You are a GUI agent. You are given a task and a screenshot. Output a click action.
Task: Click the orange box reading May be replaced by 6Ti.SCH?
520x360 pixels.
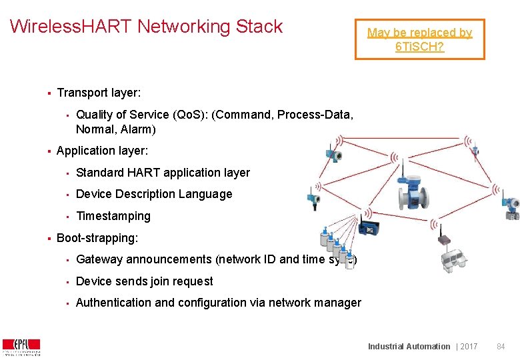point(419,40)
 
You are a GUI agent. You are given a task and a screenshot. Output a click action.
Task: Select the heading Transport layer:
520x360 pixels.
point(99,93)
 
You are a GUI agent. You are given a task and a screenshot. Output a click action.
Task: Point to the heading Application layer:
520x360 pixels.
point(102,151)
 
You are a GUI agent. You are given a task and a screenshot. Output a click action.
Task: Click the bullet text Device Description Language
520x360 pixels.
point(154,194)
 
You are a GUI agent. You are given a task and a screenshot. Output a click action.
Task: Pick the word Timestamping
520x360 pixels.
point(113,216)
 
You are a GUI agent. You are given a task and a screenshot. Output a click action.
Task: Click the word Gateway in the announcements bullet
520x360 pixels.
point(99,259)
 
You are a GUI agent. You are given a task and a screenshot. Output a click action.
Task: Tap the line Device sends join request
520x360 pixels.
point(145,281)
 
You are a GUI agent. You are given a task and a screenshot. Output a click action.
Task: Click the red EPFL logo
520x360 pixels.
point(21,347)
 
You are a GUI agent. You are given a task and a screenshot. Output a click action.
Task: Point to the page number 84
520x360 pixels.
point(501,346)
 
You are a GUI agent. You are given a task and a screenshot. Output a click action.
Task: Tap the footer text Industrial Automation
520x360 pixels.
point(409,346)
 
